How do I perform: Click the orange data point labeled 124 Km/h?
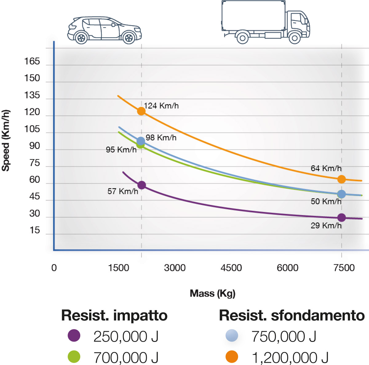click(x=141, y=111)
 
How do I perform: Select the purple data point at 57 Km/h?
click(x=141, y=185)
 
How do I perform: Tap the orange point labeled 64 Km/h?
click(x=341, y=179)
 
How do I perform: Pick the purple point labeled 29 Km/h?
click(x=341, y=218)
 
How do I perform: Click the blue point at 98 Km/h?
click(x=141, y=141)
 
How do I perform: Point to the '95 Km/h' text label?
click(x=121, y=150)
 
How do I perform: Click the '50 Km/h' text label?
click(x=326, y=202)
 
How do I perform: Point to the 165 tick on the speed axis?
click(x=32, y=62)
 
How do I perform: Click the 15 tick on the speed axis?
click(x=35, y=230)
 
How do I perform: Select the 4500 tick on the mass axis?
click(x=231, y=268)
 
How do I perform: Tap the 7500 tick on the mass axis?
click(x=344, y=268)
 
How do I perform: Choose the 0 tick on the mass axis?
click(x=54, y=268)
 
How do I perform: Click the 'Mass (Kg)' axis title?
click(x=212, y=293)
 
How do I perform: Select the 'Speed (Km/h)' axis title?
click(x=6, y=140)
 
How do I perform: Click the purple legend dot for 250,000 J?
click(x=74, y=335)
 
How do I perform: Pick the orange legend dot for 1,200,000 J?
click(x=232, y=357)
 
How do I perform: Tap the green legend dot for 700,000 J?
click(x=74, y=357)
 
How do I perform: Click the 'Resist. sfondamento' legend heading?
click(x=292, y=315)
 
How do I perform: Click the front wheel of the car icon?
click(x=129, y=38)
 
